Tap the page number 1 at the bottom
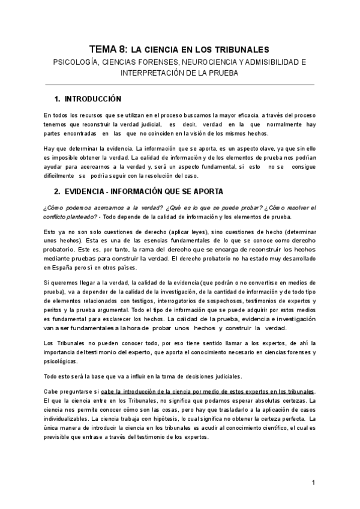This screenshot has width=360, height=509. pyautogui.click(x=313, y=483)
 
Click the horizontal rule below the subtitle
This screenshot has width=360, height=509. pyautogui.click(x=180, y=85)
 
